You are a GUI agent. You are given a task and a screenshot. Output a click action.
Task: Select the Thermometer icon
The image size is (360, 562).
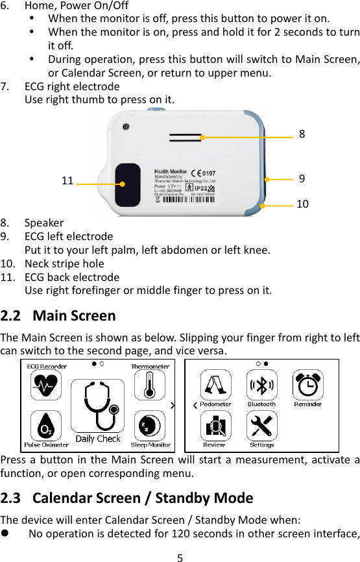point(150,385)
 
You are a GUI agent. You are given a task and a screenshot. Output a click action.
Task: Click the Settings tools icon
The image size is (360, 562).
point(261,426)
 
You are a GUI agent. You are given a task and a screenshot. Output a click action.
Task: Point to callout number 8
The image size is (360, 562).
point(302,134)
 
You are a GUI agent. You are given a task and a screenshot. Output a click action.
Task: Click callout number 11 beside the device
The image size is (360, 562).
point(67,181)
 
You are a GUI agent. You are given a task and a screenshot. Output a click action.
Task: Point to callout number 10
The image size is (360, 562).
point(302,204)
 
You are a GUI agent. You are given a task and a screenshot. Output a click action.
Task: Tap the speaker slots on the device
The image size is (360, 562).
point(186,138)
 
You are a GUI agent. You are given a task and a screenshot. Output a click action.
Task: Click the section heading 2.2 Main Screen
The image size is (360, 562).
point(58,316)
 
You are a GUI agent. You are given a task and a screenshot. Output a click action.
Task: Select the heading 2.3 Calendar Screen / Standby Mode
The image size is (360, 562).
point(127,498)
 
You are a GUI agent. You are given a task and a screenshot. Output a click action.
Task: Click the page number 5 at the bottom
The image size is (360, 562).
point(180,556)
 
